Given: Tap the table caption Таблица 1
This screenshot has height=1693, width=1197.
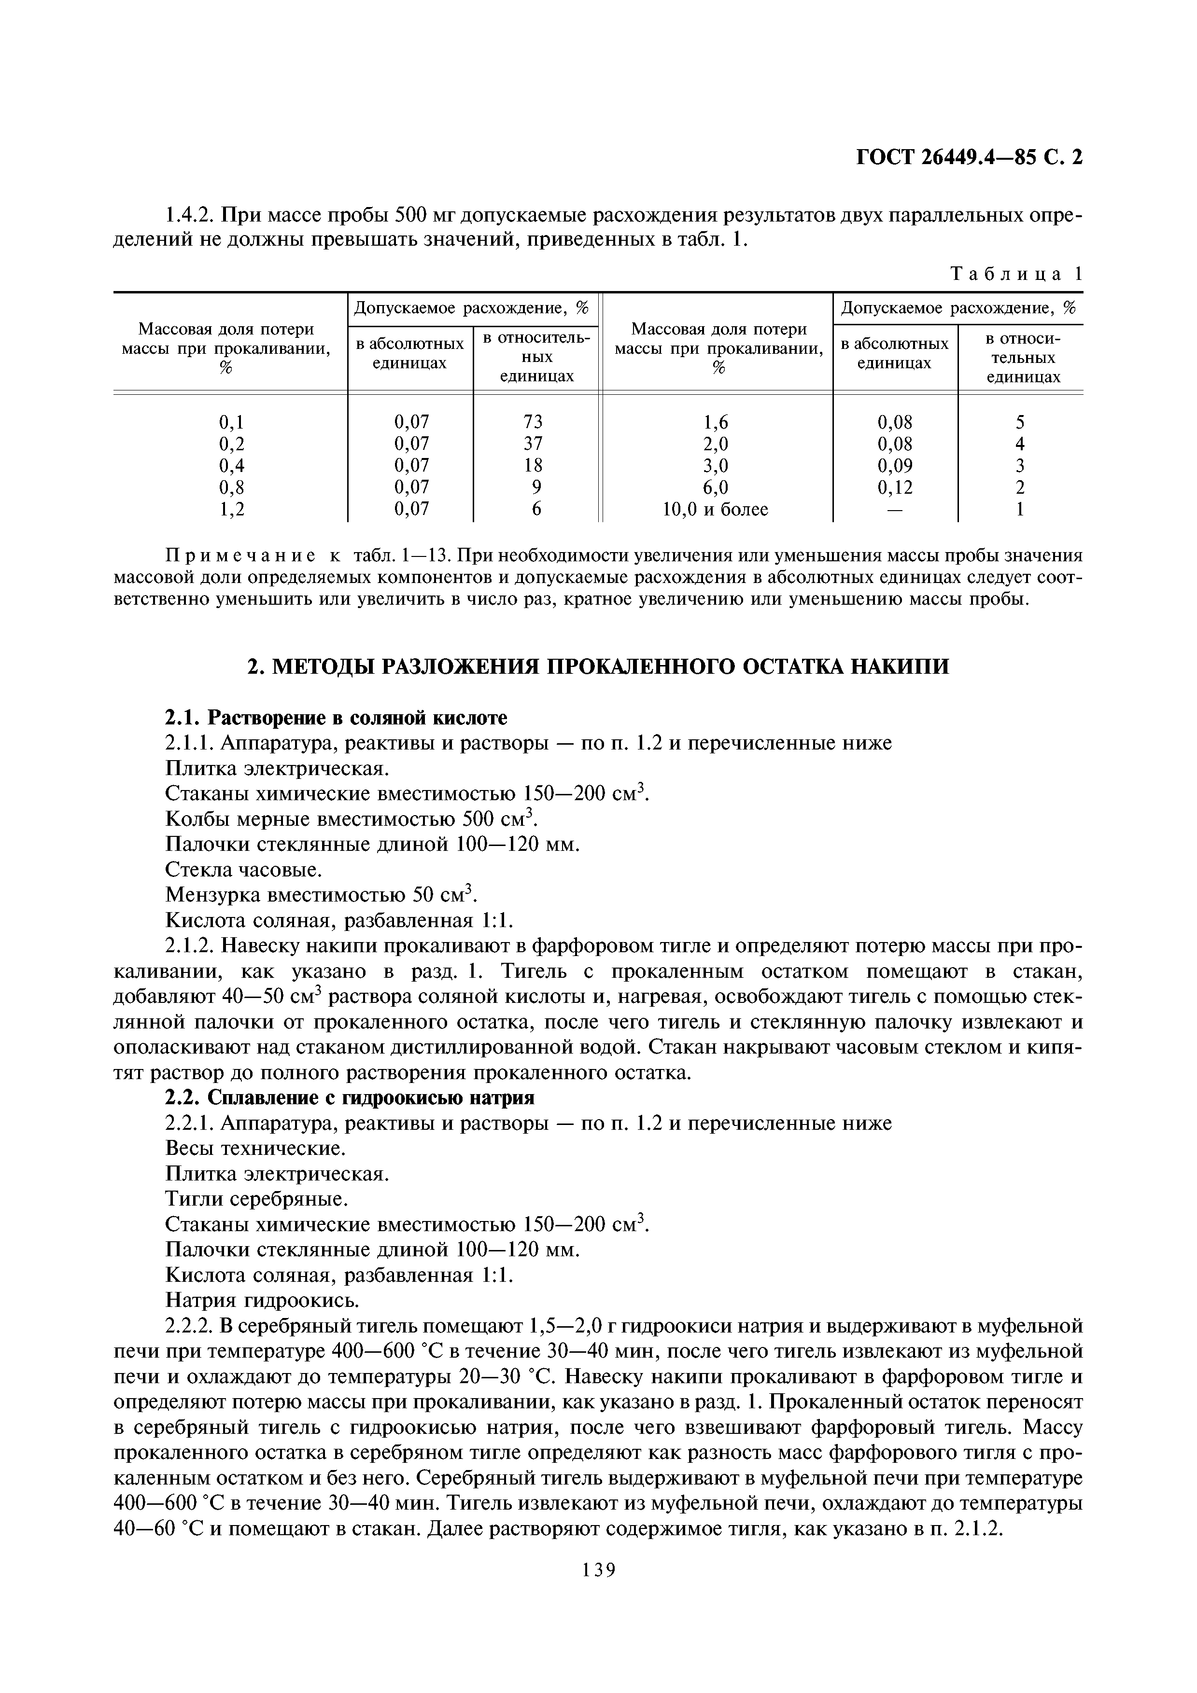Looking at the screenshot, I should pyautogui.click(x=1016, y=274).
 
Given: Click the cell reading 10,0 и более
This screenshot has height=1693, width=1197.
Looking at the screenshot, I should pyautogui.click(x=716, y=509).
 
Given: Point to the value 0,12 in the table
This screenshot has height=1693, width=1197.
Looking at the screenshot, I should pyautogui.click(x=895, y=486).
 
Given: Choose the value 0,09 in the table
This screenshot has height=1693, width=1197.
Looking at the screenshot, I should pyautogui.click(x=895, y=465).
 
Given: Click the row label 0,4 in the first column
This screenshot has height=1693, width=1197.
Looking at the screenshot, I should pyautogui.click(x=232, y=465).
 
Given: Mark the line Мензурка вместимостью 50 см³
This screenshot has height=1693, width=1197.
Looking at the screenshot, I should pyautogui.click(x=322, y=895).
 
